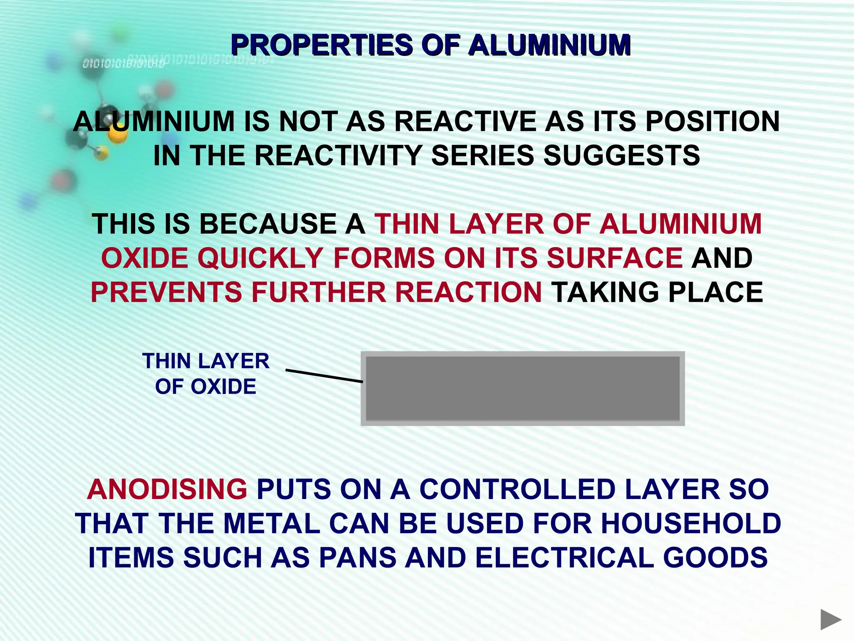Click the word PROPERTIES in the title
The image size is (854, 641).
pos(321,45)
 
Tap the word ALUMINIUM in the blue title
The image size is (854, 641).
pos(549,45)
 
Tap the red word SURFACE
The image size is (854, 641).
pos(614,258)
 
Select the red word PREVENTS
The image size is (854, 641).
pos(166,292)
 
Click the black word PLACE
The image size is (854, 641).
pos(716,292)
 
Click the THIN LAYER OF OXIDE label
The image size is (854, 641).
pos(206,373)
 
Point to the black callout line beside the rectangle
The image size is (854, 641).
pos(324,376)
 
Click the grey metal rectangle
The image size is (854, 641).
pos(522,389)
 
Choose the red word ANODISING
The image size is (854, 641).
pos(167,489)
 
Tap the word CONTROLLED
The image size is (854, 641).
pos(517,489)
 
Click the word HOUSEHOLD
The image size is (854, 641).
pos(691,523)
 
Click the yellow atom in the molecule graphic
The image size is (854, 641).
pos(118,134)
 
